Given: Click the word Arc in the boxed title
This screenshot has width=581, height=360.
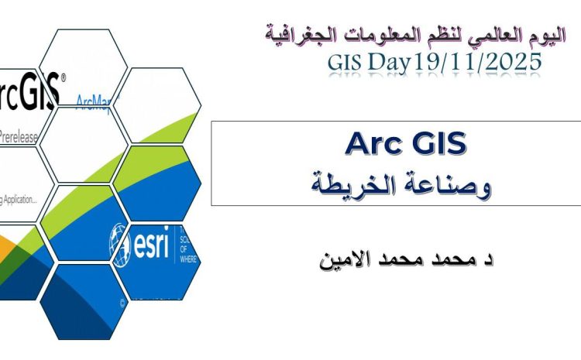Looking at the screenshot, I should pos(370,145).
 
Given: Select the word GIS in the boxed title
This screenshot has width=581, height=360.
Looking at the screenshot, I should pos(438,145).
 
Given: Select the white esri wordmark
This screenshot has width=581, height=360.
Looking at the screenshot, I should pos(150,241).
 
